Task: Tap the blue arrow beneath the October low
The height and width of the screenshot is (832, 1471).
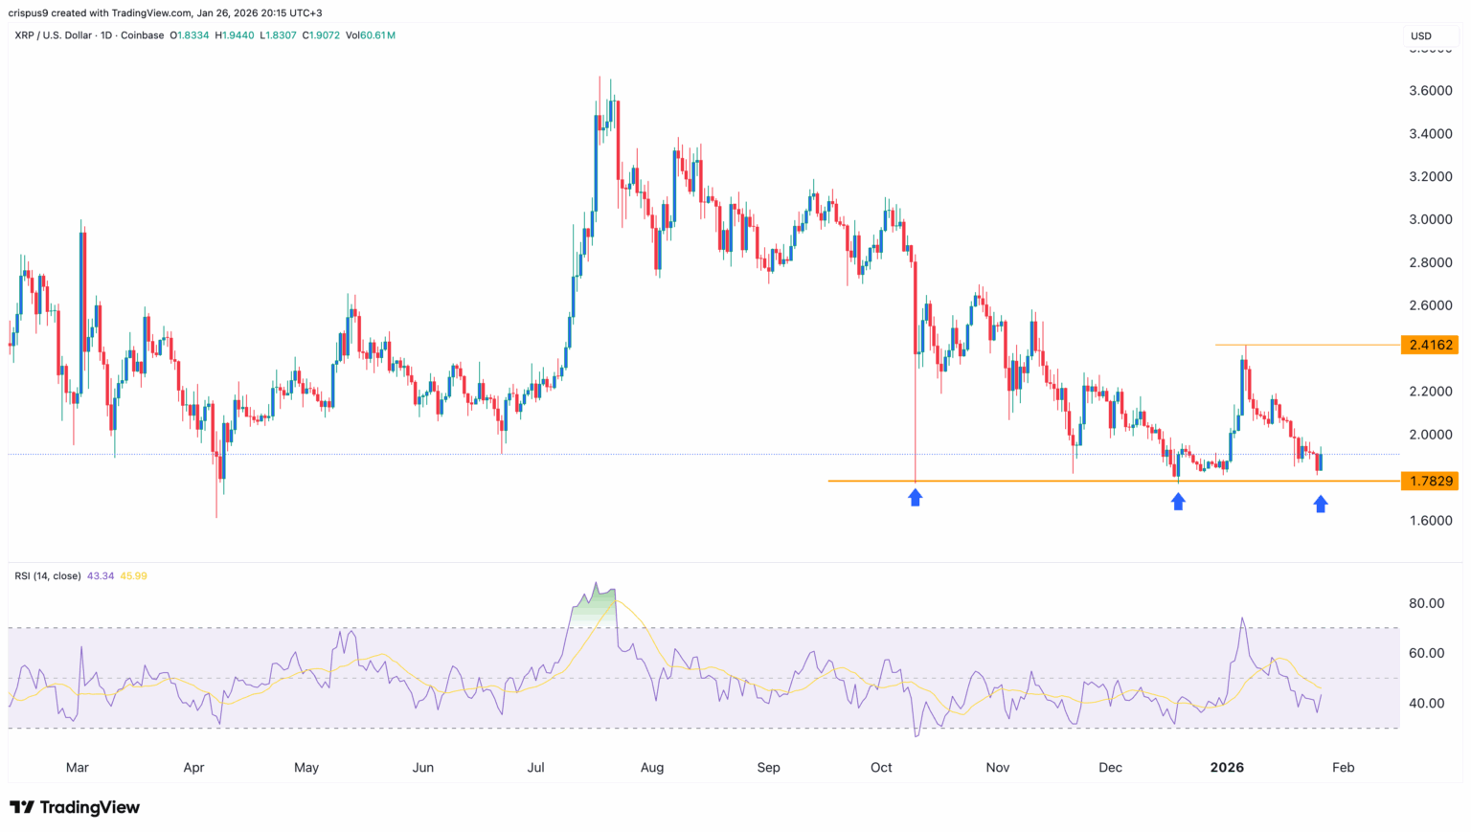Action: click(x=916, y=497)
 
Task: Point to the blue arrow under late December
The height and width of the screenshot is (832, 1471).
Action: click(x=1178, y=501)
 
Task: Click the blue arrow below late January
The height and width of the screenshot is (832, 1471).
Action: click(x=1321, y=504)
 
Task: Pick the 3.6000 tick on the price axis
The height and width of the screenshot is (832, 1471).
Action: click(x=1431, y=91)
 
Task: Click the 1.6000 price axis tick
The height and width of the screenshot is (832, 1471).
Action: click(x=1431, y=521)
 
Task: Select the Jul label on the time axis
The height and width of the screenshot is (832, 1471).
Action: click(x=536, y=767)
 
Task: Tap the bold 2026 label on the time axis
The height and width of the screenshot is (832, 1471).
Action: click(x=1227, y=767)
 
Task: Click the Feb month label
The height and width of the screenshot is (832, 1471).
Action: click(x=1344, y=767)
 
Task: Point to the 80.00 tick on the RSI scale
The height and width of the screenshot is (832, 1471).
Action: click(x=1427, y=603)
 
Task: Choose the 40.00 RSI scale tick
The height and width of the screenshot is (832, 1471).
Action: click(x=1427, y=703)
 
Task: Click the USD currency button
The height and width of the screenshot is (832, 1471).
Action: click(x=1421, y=36)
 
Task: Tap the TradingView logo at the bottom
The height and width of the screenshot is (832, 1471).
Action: click(x=75, y=807)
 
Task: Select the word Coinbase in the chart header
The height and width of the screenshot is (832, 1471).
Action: click(x=142, y=35)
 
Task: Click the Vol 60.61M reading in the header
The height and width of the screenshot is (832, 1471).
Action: click(x=371, y=35)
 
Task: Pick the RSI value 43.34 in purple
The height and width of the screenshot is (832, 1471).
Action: click(x=100, y=575)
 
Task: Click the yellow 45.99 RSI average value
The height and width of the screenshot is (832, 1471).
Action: click(x=133, y=575)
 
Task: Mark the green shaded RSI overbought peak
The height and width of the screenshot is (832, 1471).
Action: click(x=595, y=601)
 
